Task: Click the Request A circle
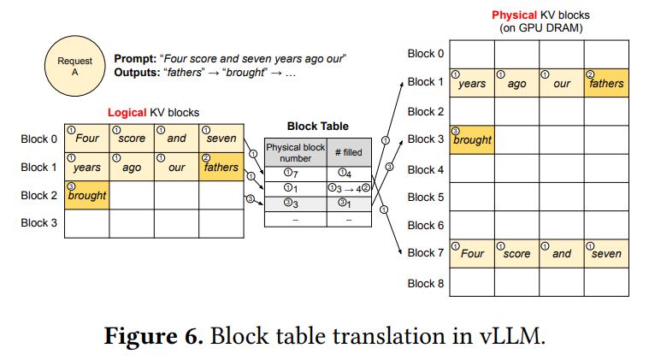coord(75,66)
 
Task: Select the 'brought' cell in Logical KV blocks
coord(87,195)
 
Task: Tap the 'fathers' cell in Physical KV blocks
coord(606,83)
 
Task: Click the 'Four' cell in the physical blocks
coord(472,253)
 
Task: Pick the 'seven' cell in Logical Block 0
coord(221,139)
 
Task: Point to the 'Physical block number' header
coord(296,153)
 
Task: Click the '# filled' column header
coord(349,153)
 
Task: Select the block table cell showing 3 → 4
coord(349,189)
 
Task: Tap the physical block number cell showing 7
coord(296,174)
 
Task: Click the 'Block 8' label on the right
coord(426,283)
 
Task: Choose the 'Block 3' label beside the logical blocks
coord(39,222)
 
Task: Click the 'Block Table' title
coord(318,127)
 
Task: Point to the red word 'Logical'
coord(127,113)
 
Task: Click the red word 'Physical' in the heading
coord(515,15)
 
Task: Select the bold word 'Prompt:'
coord(135,59)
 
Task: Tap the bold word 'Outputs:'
coord(137,73)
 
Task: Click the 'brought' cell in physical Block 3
coord(472,140)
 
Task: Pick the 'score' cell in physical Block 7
coord(517,253)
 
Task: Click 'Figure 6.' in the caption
coord(154,335)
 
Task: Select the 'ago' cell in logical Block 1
coord(132,167)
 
